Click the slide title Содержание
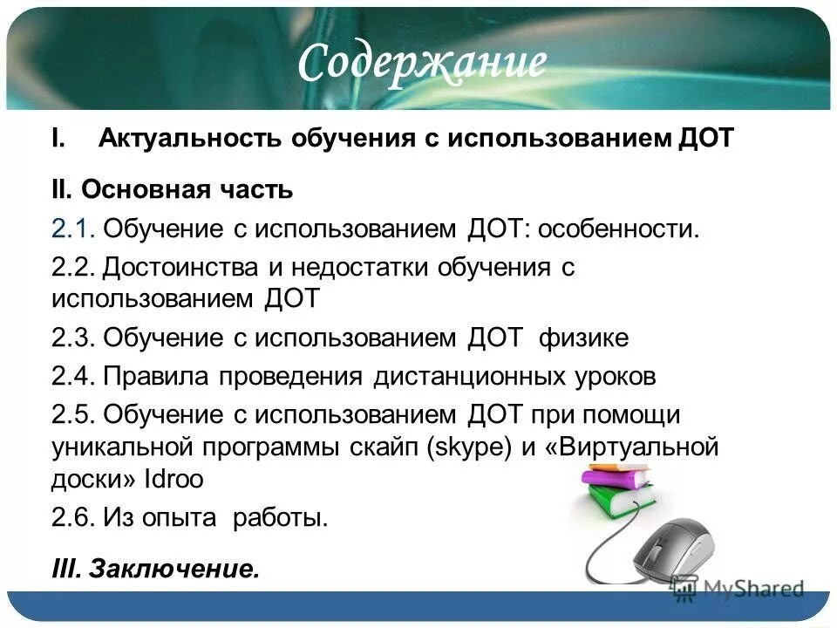[423, 62]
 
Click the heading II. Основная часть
[171, 189]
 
